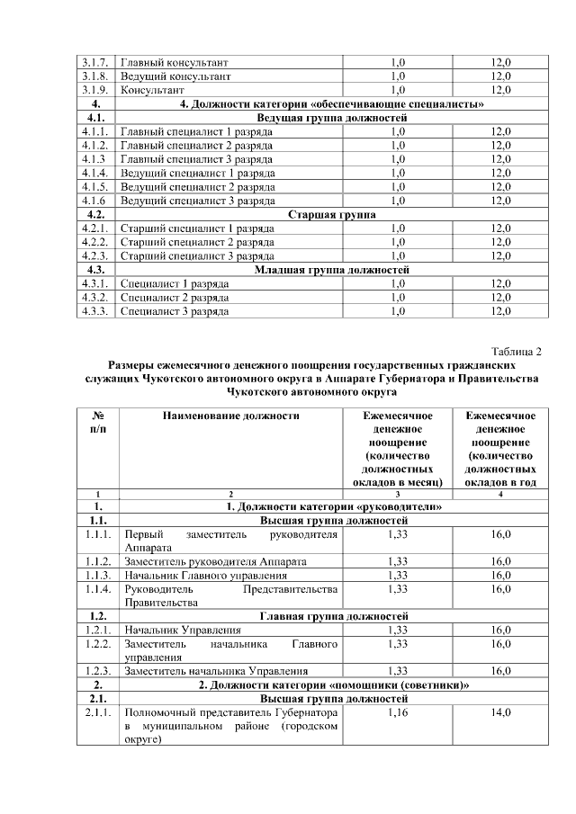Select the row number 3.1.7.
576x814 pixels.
[x=94, y=63]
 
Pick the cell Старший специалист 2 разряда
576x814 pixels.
[x=197, y=242]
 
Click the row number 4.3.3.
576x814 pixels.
[x=94, y=311]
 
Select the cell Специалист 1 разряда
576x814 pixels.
[x=175, y=283]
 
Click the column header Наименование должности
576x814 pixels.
[x=230, y=416]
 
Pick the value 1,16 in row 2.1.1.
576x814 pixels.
[x=398, y=711]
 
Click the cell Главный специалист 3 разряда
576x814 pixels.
[x=197, y=159]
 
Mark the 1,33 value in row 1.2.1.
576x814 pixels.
[x=398, y=630]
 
